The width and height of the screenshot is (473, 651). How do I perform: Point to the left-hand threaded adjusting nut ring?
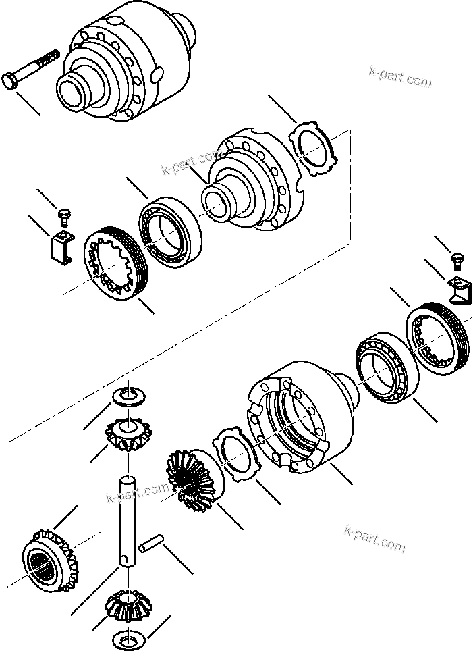(113, 263)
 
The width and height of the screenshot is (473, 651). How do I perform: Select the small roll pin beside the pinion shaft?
(152, 544)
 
